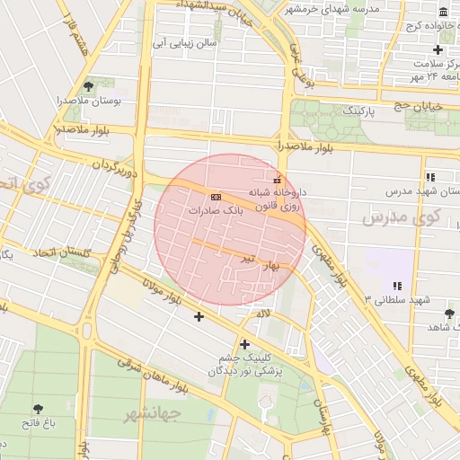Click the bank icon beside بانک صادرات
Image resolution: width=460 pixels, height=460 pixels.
[x=215, y=196]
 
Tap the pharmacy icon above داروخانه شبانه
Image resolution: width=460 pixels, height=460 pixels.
[x=276, y=178]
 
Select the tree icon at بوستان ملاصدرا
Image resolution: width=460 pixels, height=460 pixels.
[x=88, y=86]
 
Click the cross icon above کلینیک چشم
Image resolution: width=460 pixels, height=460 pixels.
[x=244, y=343]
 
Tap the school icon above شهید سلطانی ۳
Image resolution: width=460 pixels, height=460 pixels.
[x=396, y=286]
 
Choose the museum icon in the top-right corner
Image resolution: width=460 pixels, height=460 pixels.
[x=444, y=12]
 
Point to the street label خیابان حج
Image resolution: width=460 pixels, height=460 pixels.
[x=415, y=106]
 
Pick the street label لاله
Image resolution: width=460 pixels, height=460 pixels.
[x=263, y=314]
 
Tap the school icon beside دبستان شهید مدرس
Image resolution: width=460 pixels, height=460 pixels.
[x=431, y=177]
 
